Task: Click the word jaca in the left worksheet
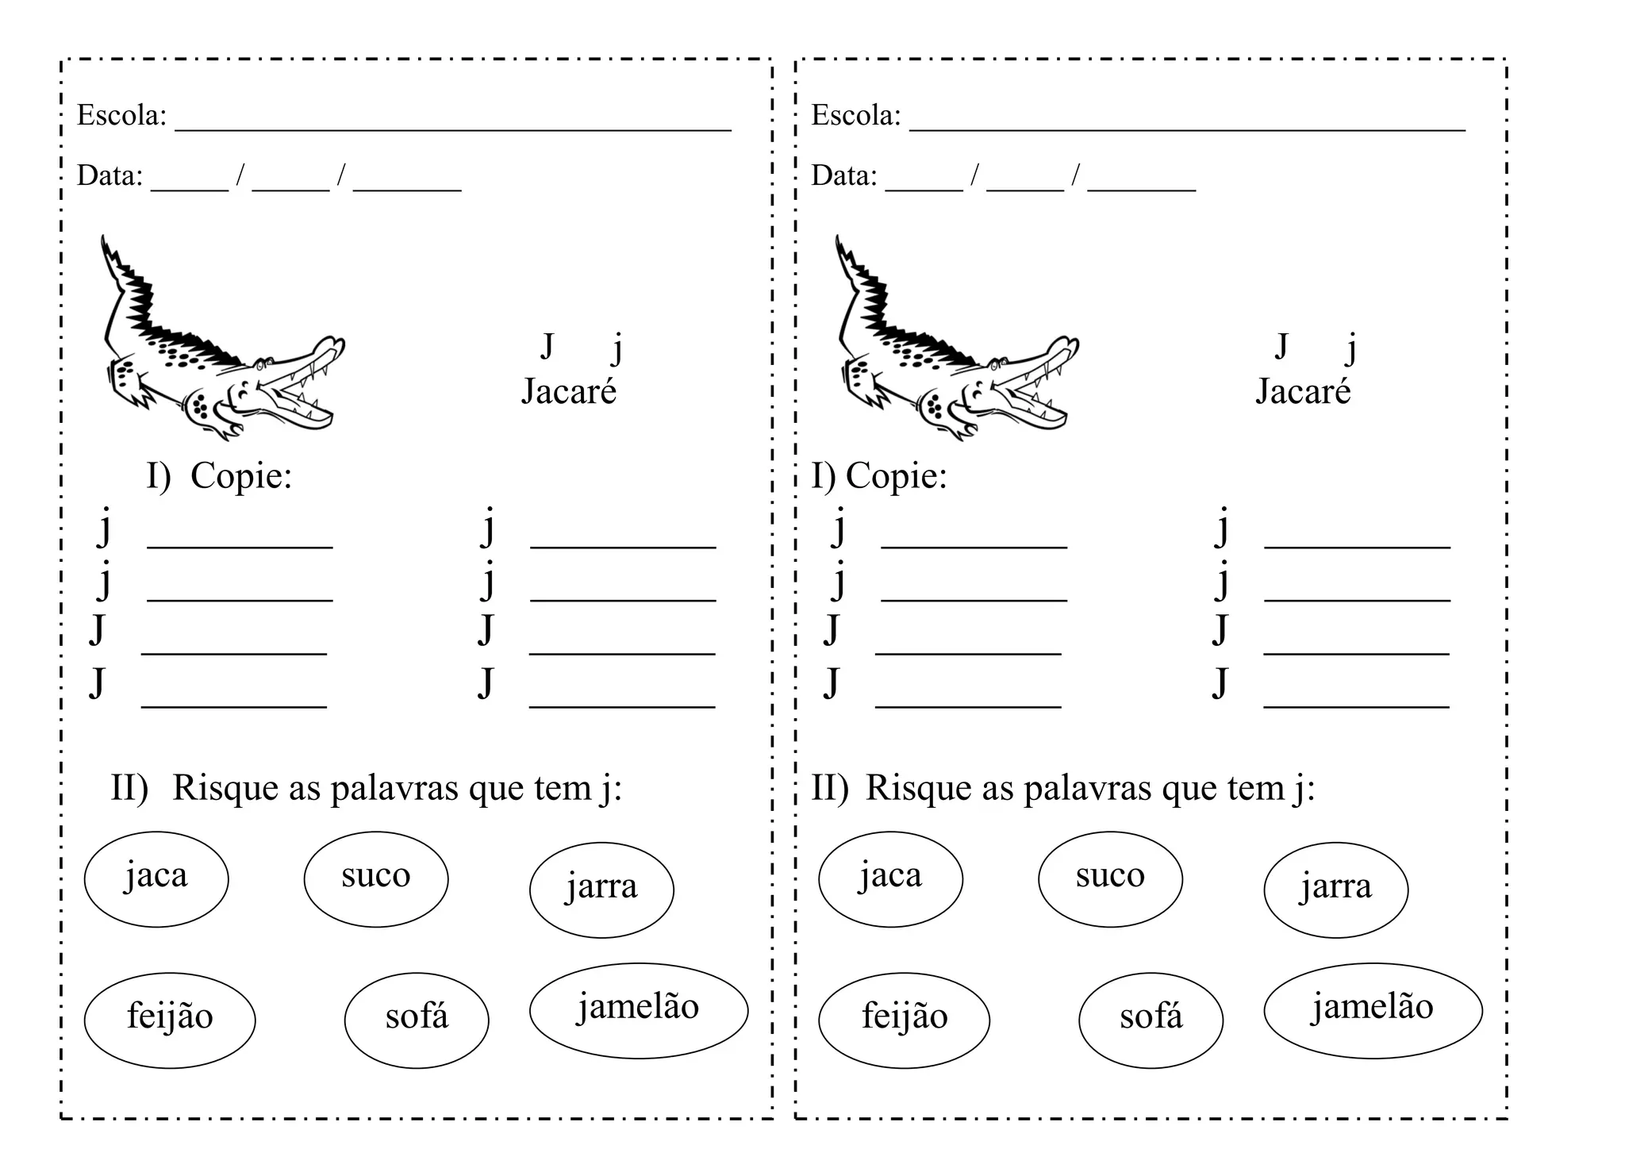(x=156, y=876)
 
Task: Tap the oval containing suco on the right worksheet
(x=1110, y=879)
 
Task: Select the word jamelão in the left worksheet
(x=638, y=1008)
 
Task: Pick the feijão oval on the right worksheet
(x=904, y=1020)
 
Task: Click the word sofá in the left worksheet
(x=417, y=1016)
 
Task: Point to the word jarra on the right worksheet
(x=1335, y=886)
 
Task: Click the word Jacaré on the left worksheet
(x=568, y=391)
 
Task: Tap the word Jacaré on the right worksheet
(x=1303, y=391)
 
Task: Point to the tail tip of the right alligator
(x=838, y=240)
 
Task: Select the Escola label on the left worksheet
(x=121, y=116)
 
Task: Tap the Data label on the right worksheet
(x=843, y=175)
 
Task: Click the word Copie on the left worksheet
(x=241, y=476)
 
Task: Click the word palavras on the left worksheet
(x=394, y=788)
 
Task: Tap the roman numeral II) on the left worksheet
(x=129, y=788)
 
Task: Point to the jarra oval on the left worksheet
(x=601, y=890)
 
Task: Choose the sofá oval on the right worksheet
(x=1151, y=1020)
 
